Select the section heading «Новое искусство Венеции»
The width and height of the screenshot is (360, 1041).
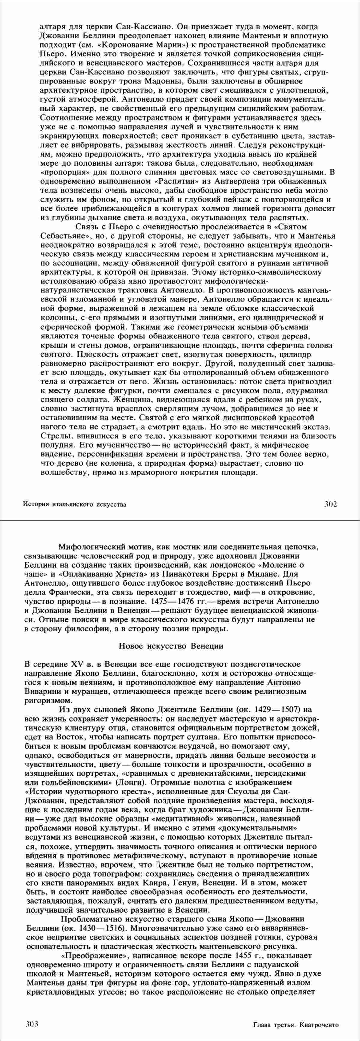171,646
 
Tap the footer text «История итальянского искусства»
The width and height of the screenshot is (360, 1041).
75,504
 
